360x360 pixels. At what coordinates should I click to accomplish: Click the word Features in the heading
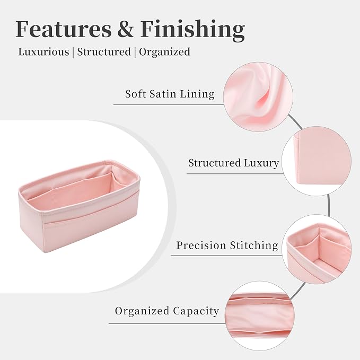(x=64, y=29)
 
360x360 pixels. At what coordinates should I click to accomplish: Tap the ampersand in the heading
(x=126, y=29)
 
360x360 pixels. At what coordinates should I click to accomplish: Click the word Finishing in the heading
(x=192, y=31)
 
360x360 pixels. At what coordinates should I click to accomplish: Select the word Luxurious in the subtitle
(x=43, y=51)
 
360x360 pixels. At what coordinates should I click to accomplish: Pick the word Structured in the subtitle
(x=104, y=51)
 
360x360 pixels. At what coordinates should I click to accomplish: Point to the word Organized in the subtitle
(x=164, y=52)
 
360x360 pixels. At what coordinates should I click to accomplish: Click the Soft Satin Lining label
(x=170, y=94)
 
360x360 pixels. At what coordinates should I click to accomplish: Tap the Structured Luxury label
(x=233, y=163)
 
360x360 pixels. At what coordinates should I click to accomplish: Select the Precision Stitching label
(x=227, y=245)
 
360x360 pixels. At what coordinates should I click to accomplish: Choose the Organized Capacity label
(x=166, y=311)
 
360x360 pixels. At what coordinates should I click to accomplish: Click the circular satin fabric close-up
(x=258, y=97)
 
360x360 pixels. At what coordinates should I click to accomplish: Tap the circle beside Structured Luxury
(x=317, y=161)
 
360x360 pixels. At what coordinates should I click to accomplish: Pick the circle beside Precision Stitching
(x=317, y=249)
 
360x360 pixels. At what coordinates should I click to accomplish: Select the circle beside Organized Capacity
(x=260, y=316)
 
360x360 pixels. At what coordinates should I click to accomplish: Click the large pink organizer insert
(x=79, y=206)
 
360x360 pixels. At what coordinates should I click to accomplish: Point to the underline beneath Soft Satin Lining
(x=169, y=104)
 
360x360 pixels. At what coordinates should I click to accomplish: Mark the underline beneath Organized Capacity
(x=167, y=324)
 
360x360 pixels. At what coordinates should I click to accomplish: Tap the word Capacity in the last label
(x=196, y=312)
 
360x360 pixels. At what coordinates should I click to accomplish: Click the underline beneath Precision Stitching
(x=226, y=256)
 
